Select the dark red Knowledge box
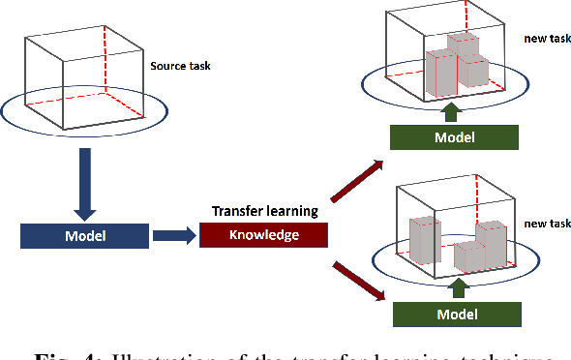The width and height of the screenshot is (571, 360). (x=264, y=235)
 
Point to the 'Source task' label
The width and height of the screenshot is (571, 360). (x=179, y=67)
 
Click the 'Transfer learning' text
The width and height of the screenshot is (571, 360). (x=264, y=212)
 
